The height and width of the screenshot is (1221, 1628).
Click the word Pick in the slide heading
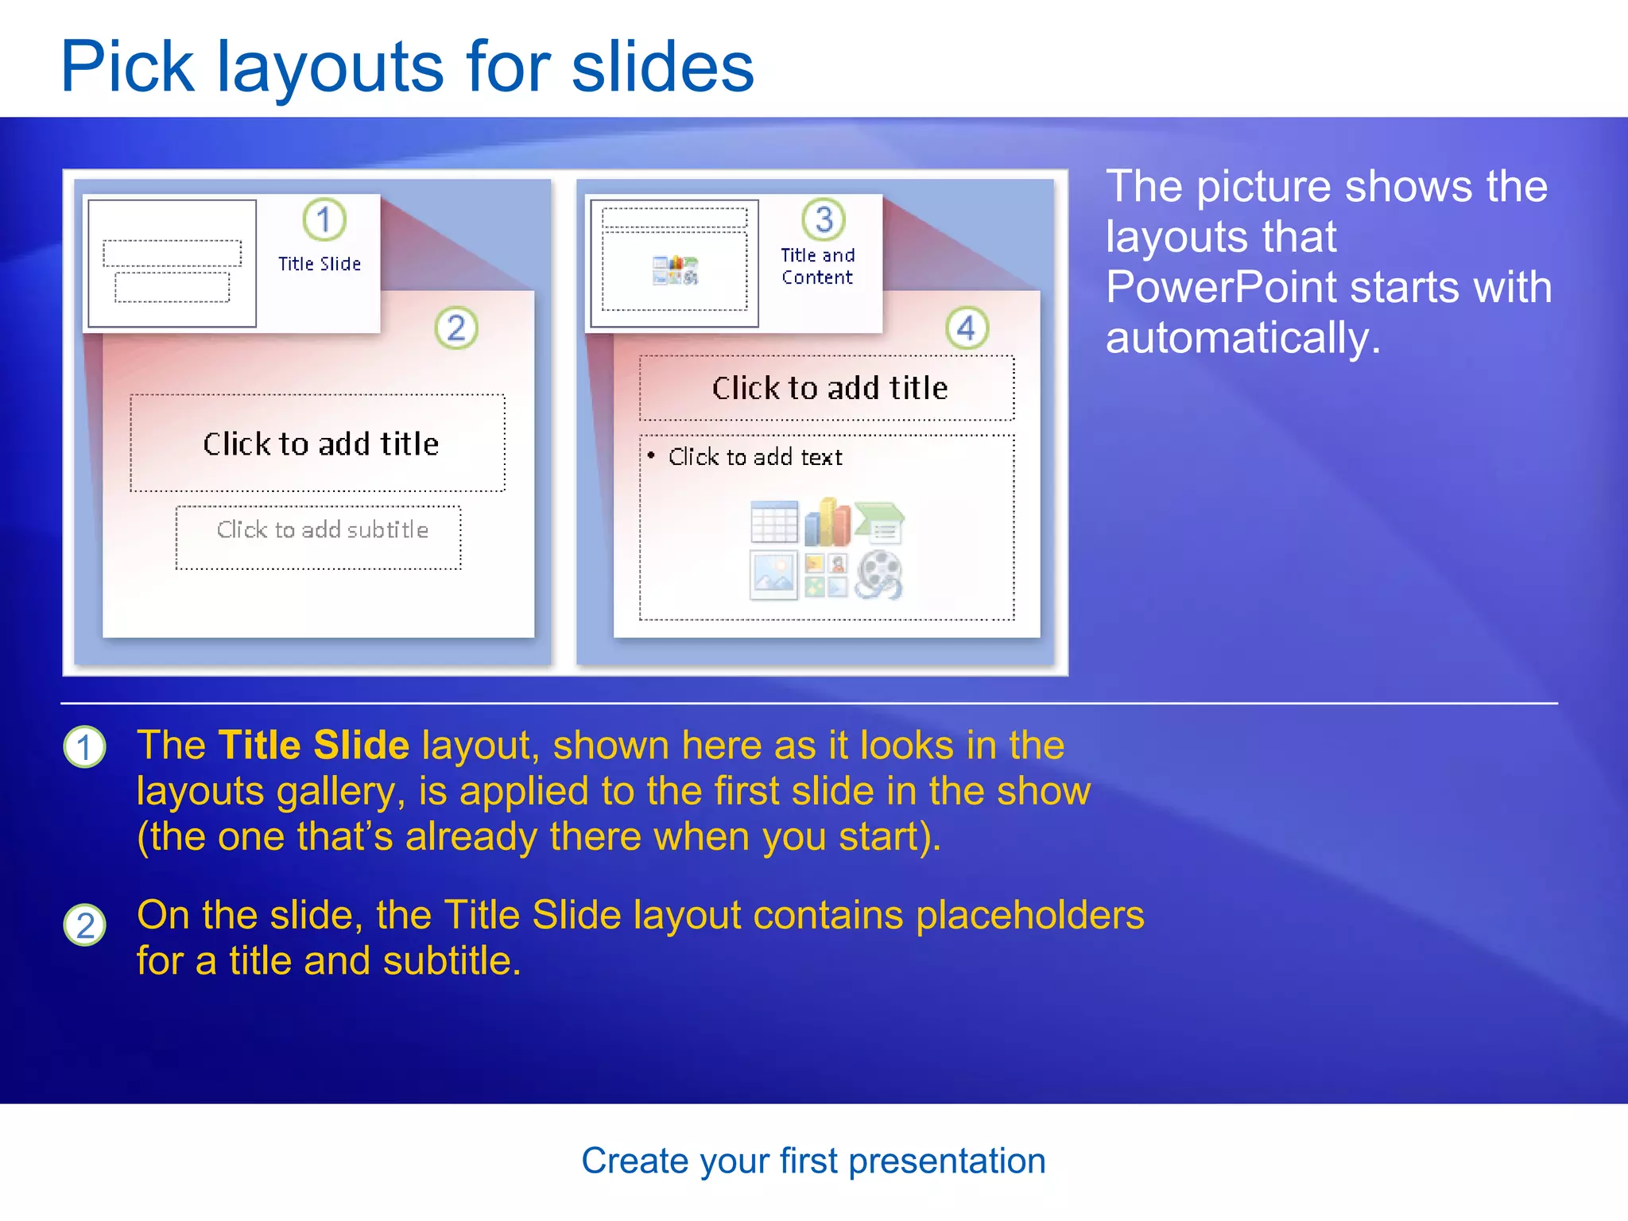(x=127, y=68)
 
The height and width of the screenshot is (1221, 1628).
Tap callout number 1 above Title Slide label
(x=324, y=219)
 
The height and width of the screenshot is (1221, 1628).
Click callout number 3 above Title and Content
(x=824, y=219)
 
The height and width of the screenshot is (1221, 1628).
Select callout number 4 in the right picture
(x=967, y=328)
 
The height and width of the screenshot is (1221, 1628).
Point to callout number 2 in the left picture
(x=456, y=328)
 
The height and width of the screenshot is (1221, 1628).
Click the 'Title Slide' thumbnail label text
(x=320, y=264)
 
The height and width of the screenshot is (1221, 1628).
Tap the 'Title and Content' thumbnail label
(x=817, y=266)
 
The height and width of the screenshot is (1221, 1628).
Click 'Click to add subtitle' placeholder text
(x=322, y=530)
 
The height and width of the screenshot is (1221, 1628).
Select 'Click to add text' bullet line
(x=754, y=457)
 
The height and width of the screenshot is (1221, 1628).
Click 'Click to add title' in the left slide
(x=320, y=444)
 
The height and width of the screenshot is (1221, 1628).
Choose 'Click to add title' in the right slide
(x=829, y=388)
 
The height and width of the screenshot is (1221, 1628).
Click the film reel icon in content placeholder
(x=878, y=575)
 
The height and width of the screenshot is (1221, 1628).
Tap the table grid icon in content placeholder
(x=773, y=522)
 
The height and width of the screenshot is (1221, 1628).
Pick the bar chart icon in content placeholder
(x=827, y=522)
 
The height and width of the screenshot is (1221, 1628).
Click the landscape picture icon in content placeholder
(x=773, y=575)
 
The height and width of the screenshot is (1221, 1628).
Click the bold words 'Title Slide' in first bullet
(x=314, y=746)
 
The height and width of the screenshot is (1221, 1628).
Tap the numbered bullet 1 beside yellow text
(x=84, y=747)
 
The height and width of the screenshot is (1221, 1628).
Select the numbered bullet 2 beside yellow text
(x=84, y=925)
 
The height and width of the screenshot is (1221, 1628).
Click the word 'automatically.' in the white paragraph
(x=1242, y=338)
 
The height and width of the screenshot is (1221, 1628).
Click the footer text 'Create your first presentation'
(x=813, y=1161)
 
